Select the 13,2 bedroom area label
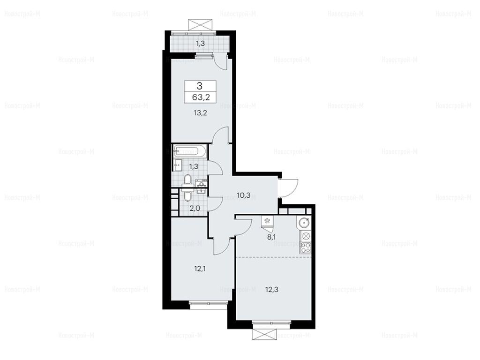coord(200,113)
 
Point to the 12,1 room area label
coord(200,269)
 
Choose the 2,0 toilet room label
coord(195,209)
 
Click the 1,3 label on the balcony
coord(200,44)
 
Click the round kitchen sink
coord(304,222)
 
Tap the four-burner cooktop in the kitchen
coord(306,247)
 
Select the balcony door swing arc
coord(220,61)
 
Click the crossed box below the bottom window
coord(264,334)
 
